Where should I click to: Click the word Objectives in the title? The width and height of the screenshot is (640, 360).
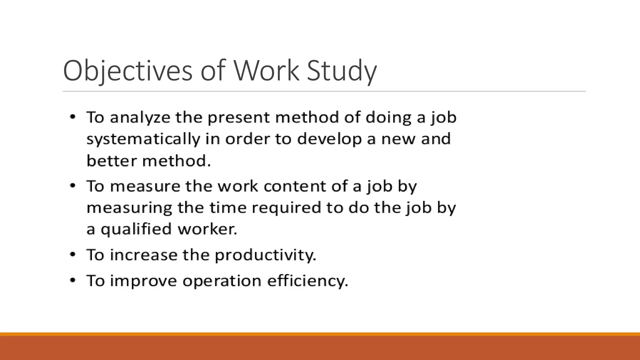(x=127, y=71)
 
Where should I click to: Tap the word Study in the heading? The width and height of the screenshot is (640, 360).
(x=342, y=71)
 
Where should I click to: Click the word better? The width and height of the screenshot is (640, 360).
(x=111, y=161)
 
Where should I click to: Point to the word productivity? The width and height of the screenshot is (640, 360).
(x=265, y=255)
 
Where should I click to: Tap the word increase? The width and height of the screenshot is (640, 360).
(x=144, y=255)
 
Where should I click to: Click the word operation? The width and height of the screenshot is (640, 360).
(x=222, y=281)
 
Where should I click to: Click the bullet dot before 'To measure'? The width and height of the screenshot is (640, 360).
(x=72, y=186)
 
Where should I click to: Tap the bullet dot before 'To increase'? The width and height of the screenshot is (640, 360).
(x=72, y=255)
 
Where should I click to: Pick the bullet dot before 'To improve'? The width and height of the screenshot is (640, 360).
(x=72, y=280)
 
